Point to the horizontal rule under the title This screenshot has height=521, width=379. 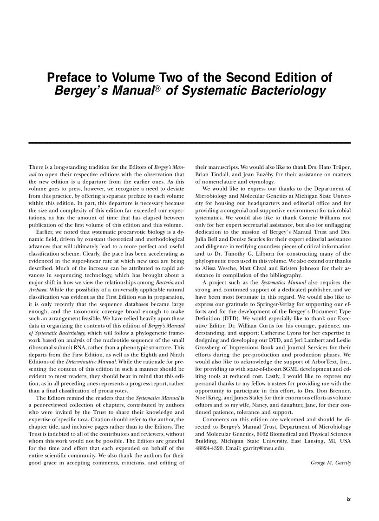pos(189,143)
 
